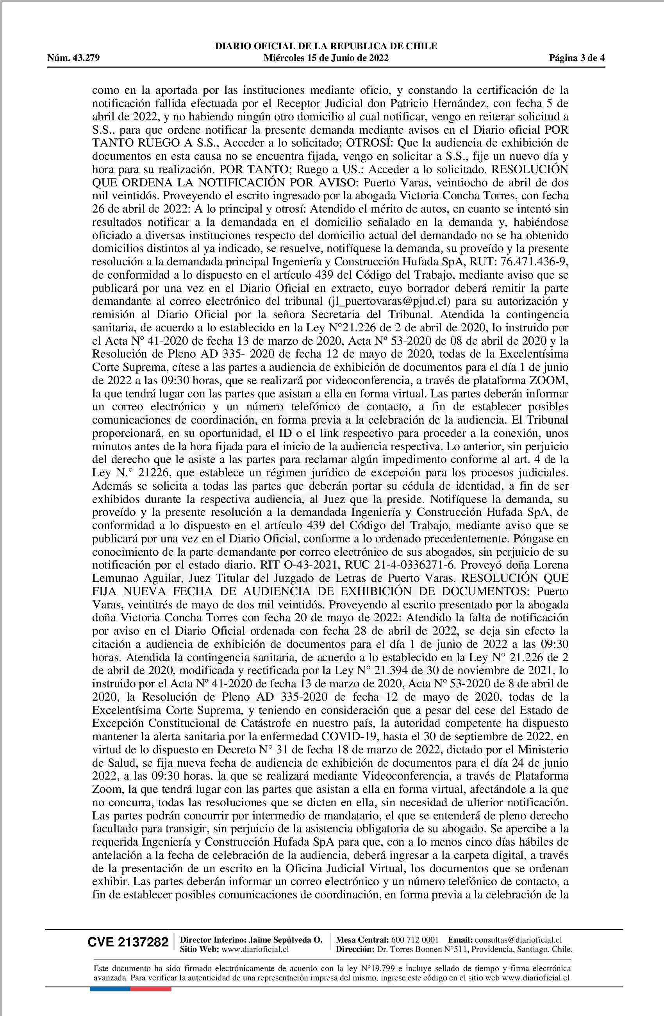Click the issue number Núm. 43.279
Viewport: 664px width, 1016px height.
73,58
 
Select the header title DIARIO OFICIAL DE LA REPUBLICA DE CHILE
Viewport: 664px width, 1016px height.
326,46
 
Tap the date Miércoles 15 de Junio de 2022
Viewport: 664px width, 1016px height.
326,58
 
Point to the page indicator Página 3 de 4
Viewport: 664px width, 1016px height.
577,58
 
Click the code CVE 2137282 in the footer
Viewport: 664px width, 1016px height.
128,942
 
